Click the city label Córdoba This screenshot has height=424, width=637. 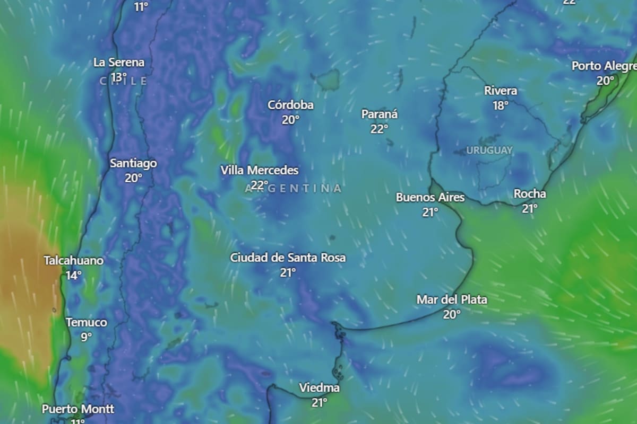pyautogui.click(x=290, y=105)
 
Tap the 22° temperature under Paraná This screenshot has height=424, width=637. pyautogui.click(x=379, y=128)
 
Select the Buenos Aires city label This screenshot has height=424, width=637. pyautogui.click(x=430, y=198)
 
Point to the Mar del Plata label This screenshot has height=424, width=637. pyautogui.click(x=452, y=300)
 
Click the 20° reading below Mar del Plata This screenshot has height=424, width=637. pyautogui.click(x=452, y=314)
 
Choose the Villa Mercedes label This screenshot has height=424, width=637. pyautogui.click(x=260, y=171)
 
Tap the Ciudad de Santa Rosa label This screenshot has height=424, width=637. pyautogui.click(x=288, y=258)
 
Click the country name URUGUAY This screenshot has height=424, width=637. pyautogui.click(x=489, y=151)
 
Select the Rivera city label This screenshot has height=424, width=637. pyautogui.click(x=500, y=91)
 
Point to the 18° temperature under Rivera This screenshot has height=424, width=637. pyautogui.click(x=500, y=105)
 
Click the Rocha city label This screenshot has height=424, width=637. pyautogui.click(x=529, y=194)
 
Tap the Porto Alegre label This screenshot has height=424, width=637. pyautogui.click(x=604, y=66)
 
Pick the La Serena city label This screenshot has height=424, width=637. pyautogui.click(x=119, y=63)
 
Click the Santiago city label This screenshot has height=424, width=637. pyautogui.click(x=133, y=163)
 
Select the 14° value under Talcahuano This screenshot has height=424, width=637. pyautogui.click(x=74, y=275)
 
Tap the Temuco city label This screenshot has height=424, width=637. pyautogui.click(x=87, y=322)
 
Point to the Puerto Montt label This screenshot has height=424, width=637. pyautogui.click(x=78, y=409)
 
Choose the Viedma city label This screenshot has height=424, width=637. pyautogui.click(x=319, y=388)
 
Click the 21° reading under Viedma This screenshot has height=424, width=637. pyautogui.click(x=319, y=403)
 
